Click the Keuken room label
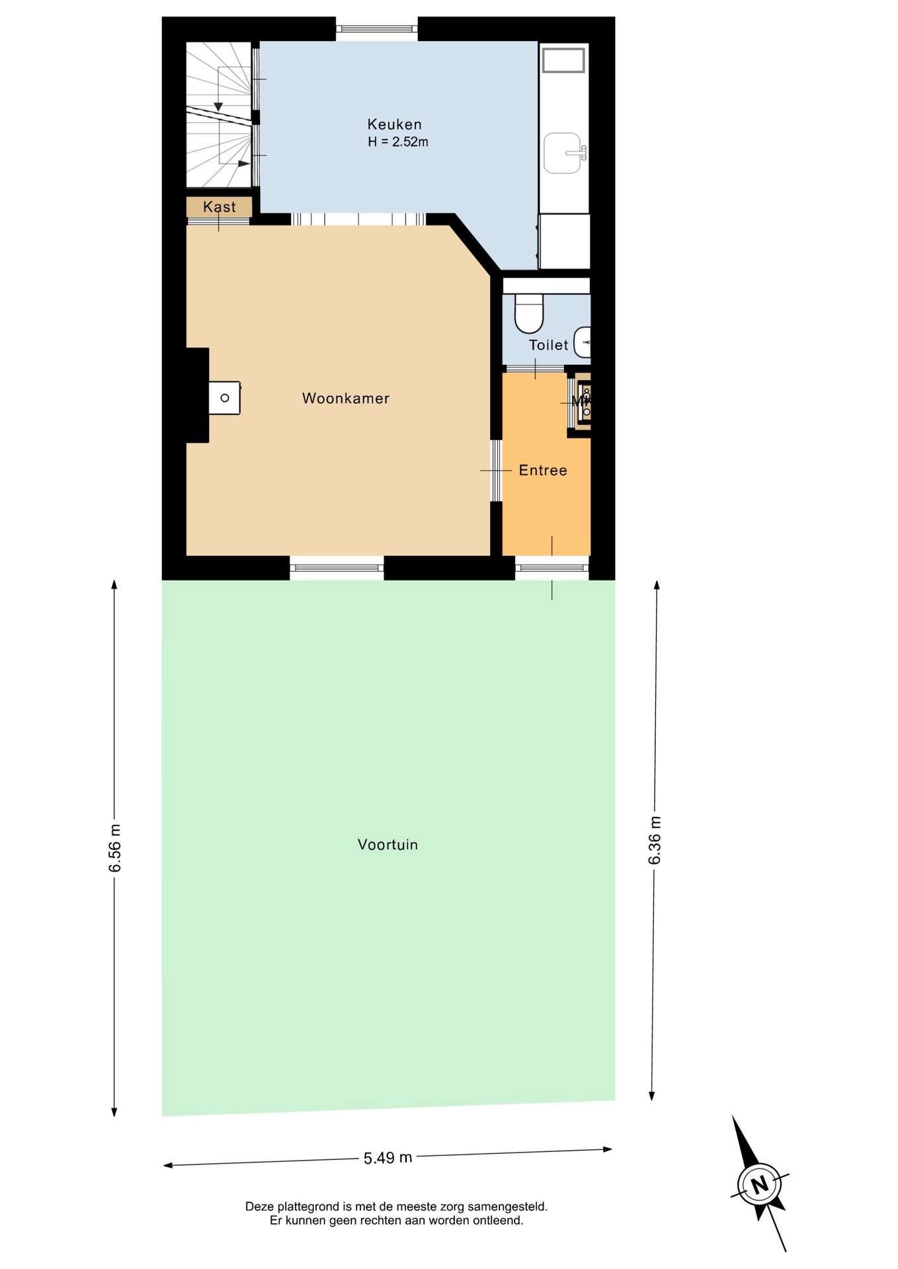point(394,124)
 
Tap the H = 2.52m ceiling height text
point(398,141)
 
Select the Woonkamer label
point(346,399)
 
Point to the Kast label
point(219,207)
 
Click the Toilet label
point(548,345)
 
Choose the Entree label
point(543,471)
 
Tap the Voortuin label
point(388,845)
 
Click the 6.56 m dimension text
point(115,848)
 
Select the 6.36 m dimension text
point(655,840)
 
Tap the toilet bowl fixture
point(529,313)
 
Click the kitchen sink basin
point(562,153)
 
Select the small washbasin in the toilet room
point(583,342)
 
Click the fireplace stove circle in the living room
point(225,398)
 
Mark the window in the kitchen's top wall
point(377,28)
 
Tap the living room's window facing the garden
point(337,568)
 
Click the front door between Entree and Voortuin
point(552,568)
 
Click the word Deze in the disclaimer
point(259,1206)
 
